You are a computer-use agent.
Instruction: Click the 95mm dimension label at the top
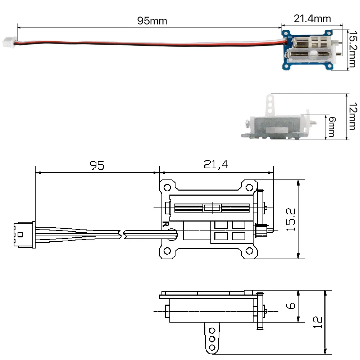click(152, 21)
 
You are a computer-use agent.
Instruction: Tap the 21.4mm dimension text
click(312, 18)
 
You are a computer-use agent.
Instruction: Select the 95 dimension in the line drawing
click(97, 165)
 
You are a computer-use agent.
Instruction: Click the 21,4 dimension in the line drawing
click(216, 165)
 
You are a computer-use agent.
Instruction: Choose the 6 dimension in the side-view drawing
click(291, 306)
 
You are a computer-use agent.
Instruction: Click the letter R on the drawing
click(165, 224)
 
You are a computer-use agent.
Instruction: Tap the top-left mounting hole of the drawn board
click(167, 188)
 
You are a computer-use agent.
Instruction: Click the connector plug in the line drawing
click(23, 235)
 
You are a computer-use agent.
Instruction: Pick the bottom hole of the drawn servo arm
click(212, 347)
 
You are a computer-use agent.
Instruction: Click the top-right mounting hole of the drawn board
click(249, 188)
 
